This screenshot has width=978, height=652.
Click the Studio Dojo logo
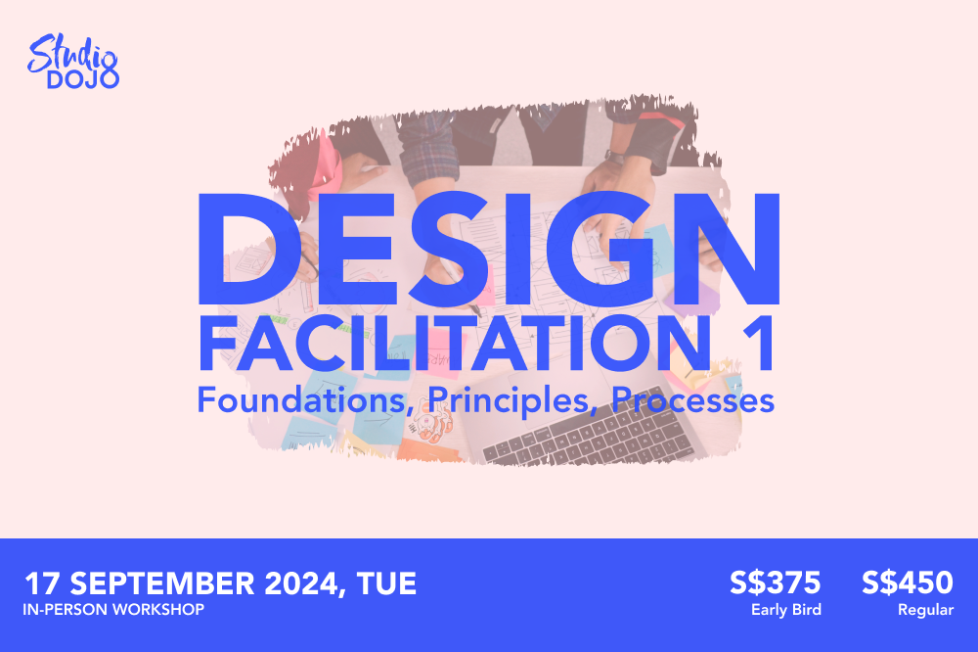pos(73,62)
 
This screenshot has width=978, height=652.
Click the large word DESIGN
pos(489,249)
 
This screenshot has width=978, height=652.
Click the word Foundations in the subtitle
pos(302,399)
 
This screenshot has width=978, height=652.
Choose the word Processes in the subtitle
pos(693,399)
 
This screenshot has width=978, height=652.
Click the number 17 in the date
pos(42,583)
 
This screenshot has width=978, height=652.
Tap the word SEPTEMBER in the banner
pos(162,583)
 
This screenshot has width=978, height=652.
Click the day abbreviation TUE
pos(386,583)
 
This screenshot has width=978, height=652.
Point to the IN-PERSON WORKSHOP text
pos(113,610)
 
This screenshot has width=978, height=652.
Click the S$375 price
pos(776,582)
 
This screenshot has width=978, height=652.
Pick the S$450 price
pos(908,582)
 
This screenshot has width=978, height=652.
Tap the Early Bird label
pos(786,610)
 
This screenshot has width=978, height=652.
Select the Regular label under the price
pos(925,610)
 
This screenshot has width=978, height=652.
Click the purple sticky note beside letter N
pos(692,299)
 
